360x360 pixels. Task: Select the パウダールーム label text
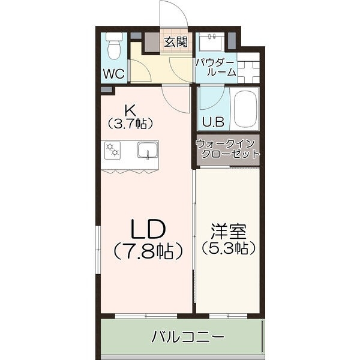pos(215,67)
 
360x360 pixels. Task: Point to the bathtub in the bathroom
pos(245,109)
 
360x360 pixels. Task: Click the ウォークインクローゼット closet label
pos(227,148)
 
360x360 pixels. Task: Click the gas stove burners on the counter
pos(113,150)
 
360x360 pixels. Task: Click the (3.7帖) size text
pos(130,124)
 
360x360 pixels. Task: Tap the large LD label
pos(148,228)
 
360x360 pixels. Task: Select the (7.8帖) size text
pos(148,251)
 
